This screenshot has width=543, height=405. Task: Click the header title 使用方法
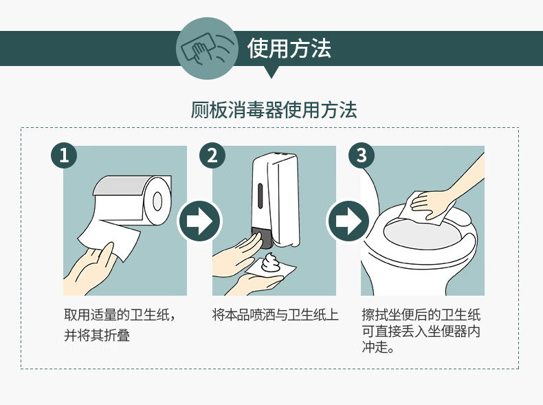(289, 49)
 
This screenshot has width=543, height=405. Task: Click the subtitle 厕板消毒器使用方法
(274, 110)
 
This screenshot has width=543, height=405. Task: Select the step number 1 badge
(64, 155)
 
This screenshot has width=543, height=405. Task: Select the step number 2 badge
(212, 155)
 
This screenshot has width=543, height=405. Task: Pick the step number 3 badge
(361, 155)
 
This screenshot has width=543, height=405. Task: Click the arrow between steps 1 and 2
(199, 221)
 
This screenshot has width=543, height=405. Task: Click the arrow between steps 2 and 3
(348, 221)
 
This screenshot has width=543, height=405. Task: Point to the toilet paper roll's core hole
(157, 200)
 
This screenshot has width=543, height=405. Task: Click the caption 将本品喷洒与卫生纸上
(275, 315)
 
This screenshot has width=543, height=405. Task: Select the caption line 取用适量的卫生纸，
(120, 315)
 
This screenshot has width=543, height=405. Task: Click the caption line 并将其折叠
(97, 336)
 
